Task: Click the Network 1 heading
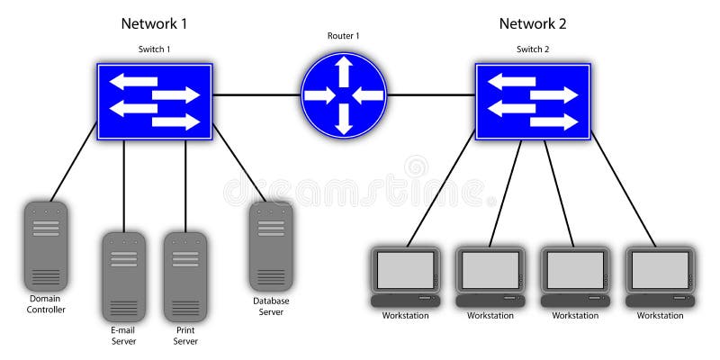pos(154,23)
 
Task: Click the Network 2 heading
pos(533,23)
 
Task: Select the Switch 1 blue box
pos(155,101)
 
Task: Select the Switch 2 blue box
pos(533,101)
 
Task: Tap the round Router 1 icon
pos(344,94)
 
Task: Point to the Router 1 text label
pos(344,36)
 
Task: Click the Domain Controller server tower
pos(46,245)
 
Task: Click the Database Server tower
pos(271,245)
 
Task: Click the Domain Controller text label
pos(46,303)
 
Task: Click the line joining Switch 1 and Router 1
pos(256,94)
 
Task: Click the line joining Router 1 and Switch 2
pos(431,94)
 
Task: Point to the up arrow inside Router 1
pos(344,69)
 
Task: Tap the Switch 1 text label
pos(154,49)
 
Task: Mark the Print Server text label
pos(185,336)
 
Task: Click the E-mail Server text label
pos(123,336)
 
